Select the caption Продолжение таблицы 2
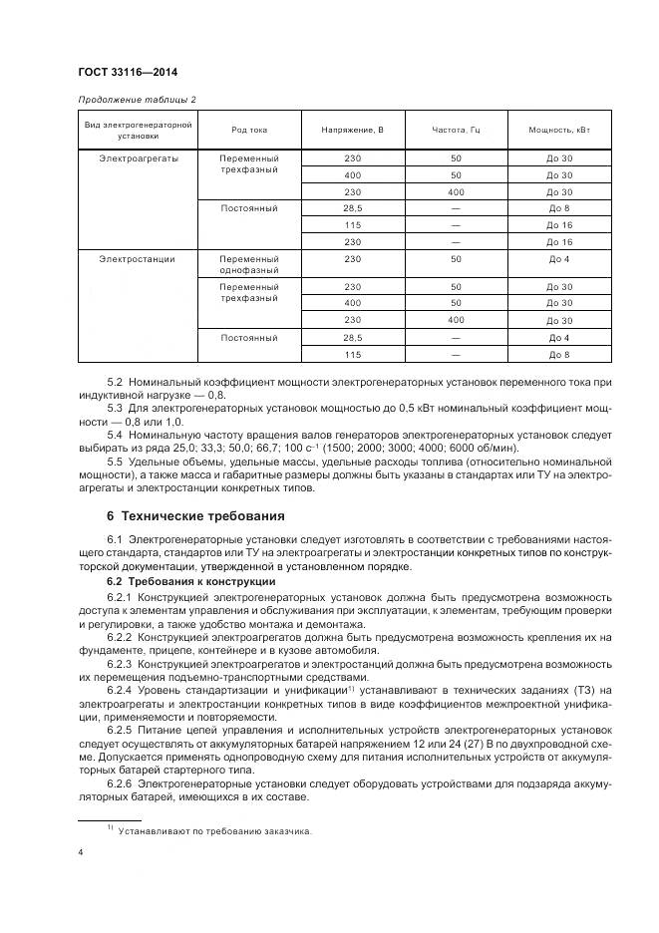[137, 100]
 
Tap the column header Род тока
[249, 131]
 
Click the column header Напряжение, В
[352, 131]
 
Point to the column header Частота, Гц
[456, 131]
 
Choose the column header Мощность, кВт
[559, 131]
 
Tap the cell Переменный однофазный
[249, 264]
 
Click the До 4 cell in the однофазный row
[559, 259]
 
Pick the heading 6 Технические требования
[195, 516]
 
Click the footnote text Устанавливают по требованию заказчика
[214, 829]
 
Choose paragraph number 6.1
[116, 540]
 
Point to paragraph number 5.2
[116, 382]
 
